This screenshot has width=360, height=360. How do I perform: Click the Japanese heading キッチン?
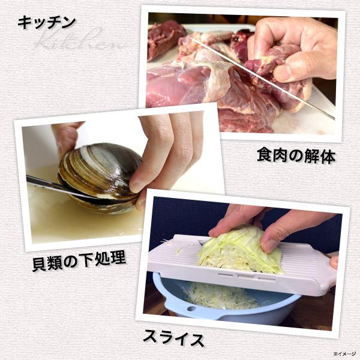click(47, 22)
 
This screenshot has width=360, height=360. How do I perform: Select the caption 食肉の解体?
click(296, 157)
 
